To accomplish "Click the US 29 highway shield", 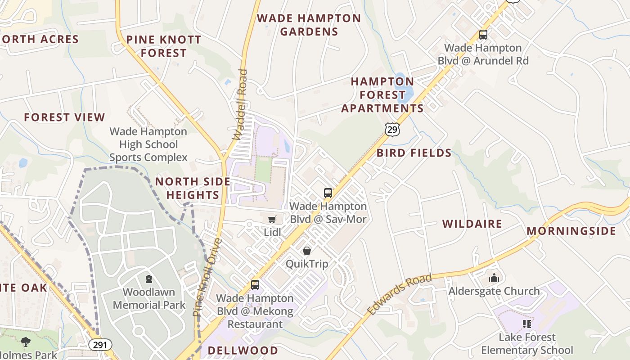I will point(392,129).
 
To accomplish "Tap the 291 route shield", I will point(100,345).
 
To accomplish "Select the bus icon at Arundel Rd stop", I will point(483,35).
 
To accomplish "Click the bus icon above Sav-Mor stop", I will point(328,193).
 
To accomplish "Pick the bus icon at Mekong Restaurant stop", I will point(255,285).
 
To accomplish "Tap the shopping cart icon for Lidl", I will point(272,219).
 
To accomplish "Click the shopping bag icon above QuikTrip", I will point(307,251).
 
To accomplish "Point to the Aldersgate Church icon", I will point(494,278).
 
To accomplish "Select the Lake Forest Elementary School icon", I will point(527,324).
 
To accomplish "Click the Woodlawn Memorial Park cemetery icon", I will point(149,279).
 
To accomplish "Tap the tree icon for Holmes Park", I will point(26,342).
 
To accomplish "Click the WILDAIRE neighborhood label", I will point(472,224).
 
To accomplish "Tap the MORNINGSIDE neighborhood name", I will point(571,231).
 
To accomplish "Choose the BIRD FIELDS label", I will point(414,153).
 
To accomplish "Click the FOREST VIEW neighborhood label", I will point(64,117).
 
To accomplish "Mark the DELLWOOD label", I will point(243,350).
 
